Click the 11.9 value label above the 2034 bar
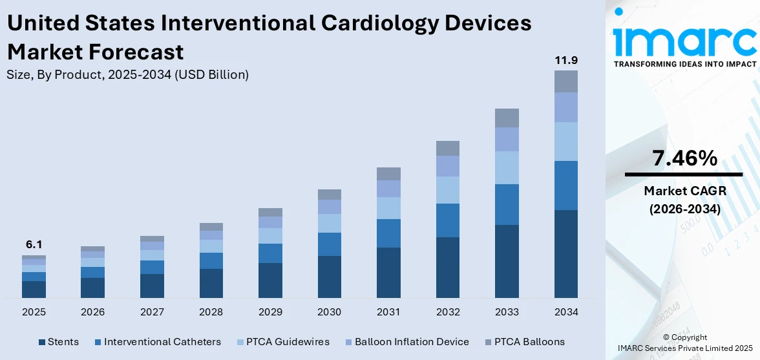click(x=565, y=61)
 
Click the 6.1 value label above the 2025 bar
click(x=34, y=245)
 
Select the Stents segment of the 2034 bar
click(x=565, y=253)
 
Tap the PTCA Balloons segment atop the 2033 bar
click(x=507, y=118)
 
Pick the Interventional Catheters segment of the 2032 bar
click(x=447, y=220)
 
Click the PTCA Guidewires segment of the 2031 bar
click(x=388, y=208)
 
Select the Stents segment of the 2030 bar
click(x=329, y=277)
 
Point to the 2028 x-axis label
click(x=211, y=312)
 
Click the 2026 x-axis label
click(x=92, y=312)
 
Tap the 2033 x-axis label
click(x=507, y=312)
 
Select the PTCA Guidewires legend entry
click(x=285, y=342)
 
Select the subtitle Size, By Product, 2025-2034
click(x=127, y=75)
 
